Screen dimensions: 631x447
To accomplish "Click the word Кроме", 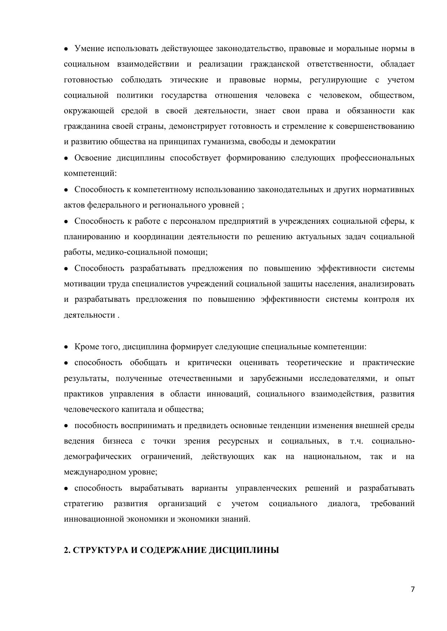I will [x=85, y=347].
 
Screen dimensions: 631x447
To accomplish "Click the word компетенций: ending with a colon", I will [x=90, y=173].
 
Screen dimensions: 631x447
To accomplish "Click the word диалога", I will [x=344, y=503].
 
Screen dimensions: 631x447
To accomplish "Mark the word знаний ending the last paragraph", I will [x=236, y=519].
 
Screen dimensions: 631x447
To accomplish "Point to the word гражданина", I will [x=82, y=126].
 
